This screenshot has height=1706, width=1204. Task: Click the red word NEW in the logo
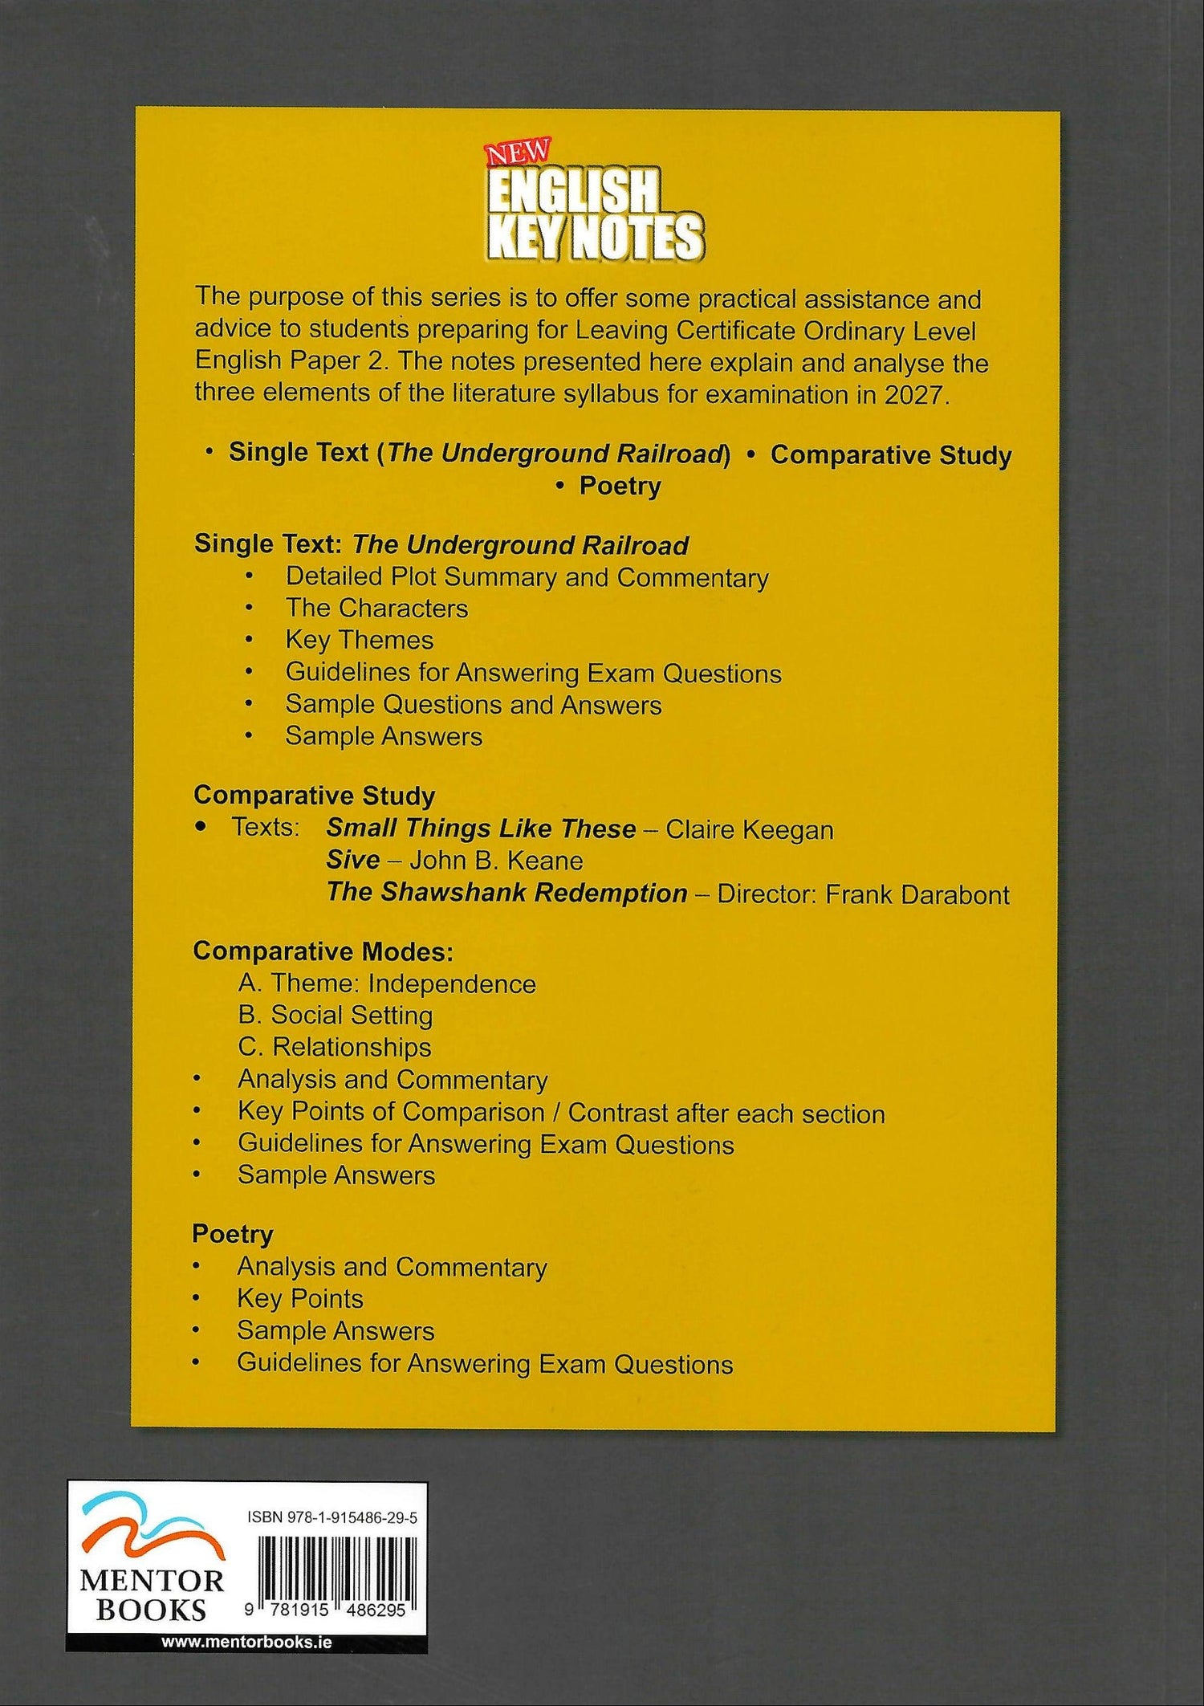[x=517, y=151]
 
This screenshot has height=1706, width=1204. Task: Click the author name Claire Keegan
[x=750, y=829]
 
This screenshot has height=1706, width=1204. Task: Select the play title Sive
[x=352, y=861]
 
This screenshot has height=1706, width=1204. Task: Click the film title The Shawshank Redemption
[x=506, y=893]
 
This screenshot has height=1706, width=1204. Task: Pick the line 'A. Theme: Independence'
[x=387, y=983]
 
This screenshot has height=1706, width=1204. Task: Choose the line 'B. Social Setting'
[x=336, y=1015]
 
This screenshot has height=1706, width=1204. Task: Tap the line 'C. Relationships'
[x=335, y=1047]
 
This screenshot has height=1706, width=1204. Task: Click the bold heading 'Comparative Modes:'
[x=323, y=951]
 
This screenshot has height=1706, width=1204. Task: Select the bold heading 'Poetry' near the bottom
[x=233, y=1234]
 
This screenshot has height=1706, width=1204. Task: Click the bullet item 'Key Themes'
[x=359, y=640]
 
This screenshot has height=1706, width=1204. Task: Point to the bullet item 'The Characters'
[x=376, y=608]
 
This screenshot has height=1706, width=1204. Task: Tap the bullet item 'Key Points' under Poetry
[x=299, y=1298]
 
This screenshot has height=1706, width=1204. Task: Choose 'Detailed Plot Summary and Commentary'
[x=527, y=577]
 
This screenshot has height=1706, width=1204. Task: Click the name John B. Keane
[x=496, y=861]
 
